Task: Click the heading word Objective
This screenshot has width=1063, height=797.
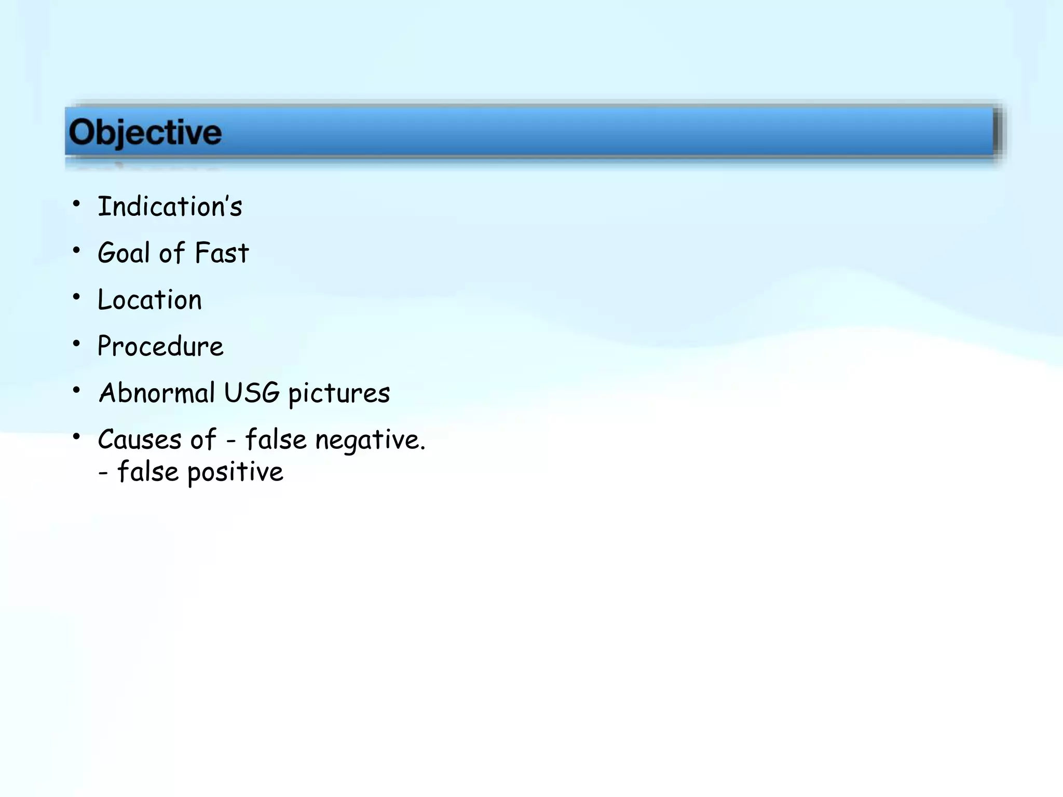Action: pyautogui.click(x=145, y=132)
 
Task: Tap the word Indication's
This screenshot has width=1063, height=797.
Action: pyautogui.click(x=170, y=207)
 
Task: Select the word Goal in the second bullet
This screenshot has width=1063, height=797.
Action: pyautogui.click(x=124, y=253)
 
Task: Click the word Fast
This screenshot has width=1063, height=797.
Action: pyautogui.click(x=222, y=253)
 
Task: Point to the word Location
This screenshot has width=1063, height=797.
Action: pyautogui.click(x=149, y=300)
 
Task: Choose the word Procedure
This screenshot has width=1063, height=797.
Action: pyautogui.click(x=160, y=346)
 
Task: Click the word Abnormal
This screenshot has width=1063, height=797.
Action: pyautogui.click(x=157, y=393)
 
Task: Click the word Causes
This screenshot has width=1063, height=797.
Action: pyautogui.click(x=139, y=439)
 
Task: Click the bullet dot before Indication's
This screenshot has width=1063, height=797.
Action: pyautogui.click(x=77, y=203)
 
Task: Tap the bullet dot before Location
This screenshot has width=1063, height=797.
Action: pyautogui.click(x=77, y=297)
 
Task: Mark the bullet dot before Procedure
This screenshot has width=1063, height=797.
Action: pyautogui.click(x=77, y=343)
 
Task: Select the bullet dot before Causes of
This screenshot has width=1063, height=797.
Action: pyautogui.click(x=77, y=437)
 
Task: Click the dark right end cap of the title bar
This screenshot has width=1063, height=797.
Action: pyautogui.click(x=997, y=132)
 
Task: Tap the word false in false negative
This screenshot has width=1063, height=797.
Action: pyautogui.click(x=276, y=439)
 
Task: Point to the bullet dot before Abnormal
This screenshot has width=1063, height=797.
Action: pyautogui.click(x=77, y=390)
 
